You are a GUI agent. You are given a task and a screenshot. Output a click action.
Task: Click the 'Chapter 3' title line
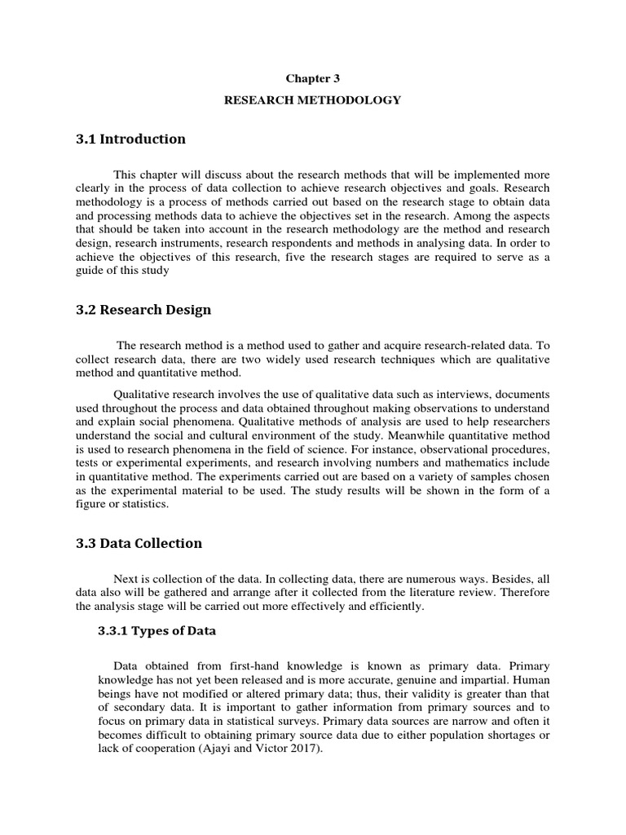pyautogui.click(x=312, y=78)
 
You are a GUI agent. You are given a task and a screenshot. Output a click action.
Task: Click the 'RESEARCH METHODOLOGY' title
pyautogui.click(x=312, y=100)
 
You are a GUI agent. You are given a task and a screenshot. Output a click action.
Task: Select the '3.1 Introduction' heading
pyautogui.click(x=130, y=139)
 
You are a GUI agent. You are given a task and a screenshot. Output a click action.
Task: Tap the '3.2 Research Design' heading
pyautogui.click(x=143, y=310)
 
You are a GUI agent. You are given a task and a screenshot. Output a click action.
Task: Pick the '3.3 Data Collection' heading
pyautogui.click(x=139, y=543)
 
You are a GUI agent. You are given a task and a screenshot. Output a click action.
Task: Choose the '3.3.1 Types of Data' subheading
pyautogui.click(x=157, y=630)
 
